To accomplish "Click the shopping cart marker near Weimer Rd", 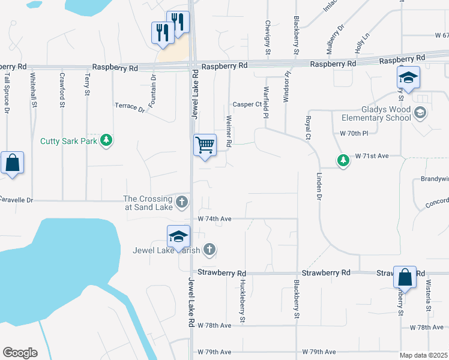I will point(205,145).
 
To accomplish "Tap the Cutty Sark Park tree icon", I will point(107,140).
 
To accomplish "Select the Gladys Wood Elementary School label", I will point(378,113).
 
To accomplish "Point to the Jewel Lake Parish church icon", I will point(209,248).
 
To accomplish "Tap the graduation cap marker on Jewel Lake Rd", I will point(178,236).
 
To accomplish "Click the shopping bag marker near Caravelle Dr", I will point(12,163).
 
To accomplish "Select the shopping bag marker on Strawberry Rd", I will point(405,277).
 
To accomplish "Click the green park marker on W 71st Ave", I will point(343,160).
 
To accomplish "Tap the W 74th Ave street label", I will point(214,219).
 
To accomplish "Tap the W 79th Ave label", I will point(319,352).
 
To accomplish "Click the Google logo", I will point(20,352).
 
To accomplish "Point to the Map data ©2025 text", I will point(423,355).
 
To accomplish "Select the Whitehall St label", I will point(34,90).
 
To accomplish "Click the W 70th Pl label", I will point(353,133).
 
